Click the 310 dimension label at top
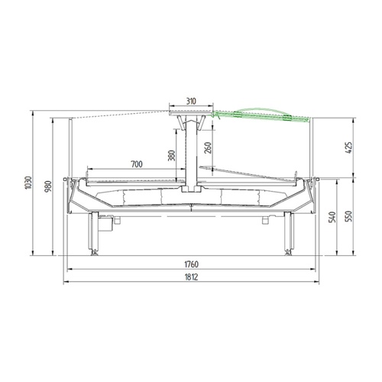tap(191, 101)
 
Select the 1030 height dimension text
tap(28, 183)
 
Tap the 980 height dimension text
tap(49, 186)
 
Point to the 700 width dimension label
tap(137, 164)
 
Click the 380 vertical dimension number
tap(172, 156)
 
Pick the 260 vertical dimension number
tap(208, 147)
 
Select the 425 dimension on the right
tap(348, 148)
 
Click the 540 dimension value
tap(332, 217)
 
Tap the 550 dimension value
tap(348, 216)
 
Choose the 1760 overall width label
tap(191, 264)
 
